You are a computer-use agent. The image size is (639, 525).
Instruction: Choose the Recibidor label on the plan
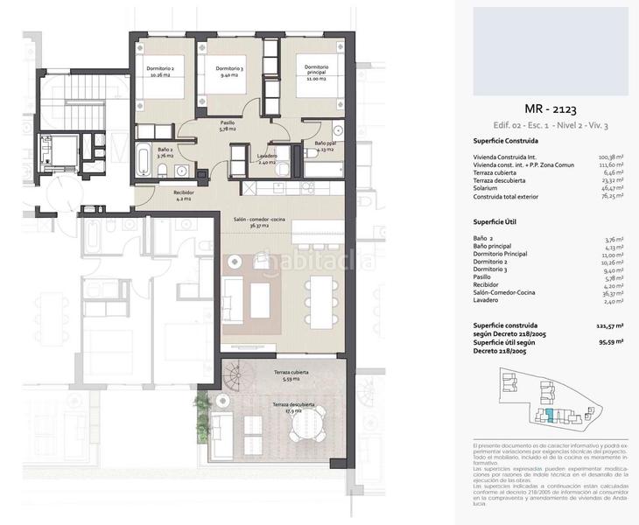[184, 195]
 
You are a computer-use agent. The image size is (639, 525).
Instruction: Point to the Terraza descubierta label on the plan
[292, 406]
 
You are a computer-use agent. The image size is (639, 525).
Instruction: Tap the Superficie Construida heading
[505, 140]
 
